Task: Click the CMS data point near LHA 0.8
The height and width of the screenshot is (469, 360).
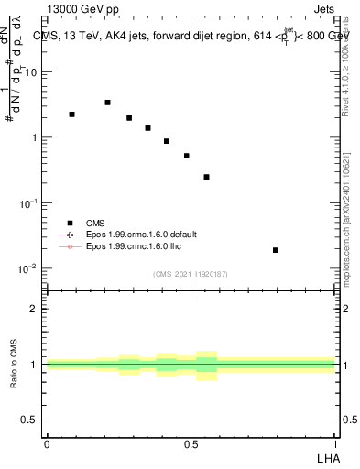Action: click(x=276, y=250)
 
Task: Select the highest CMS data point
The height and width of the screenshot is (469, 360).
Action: click(x=108, y=103)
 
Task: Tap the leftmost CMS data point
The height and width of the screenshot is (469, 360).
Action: click(x=71, y=115)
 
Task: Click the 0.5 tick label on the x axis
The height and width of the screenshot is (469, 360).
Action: click(x=191, y=444)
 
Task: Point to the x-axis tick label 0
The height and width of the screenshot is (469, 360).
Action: click(x=47, y=444)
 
